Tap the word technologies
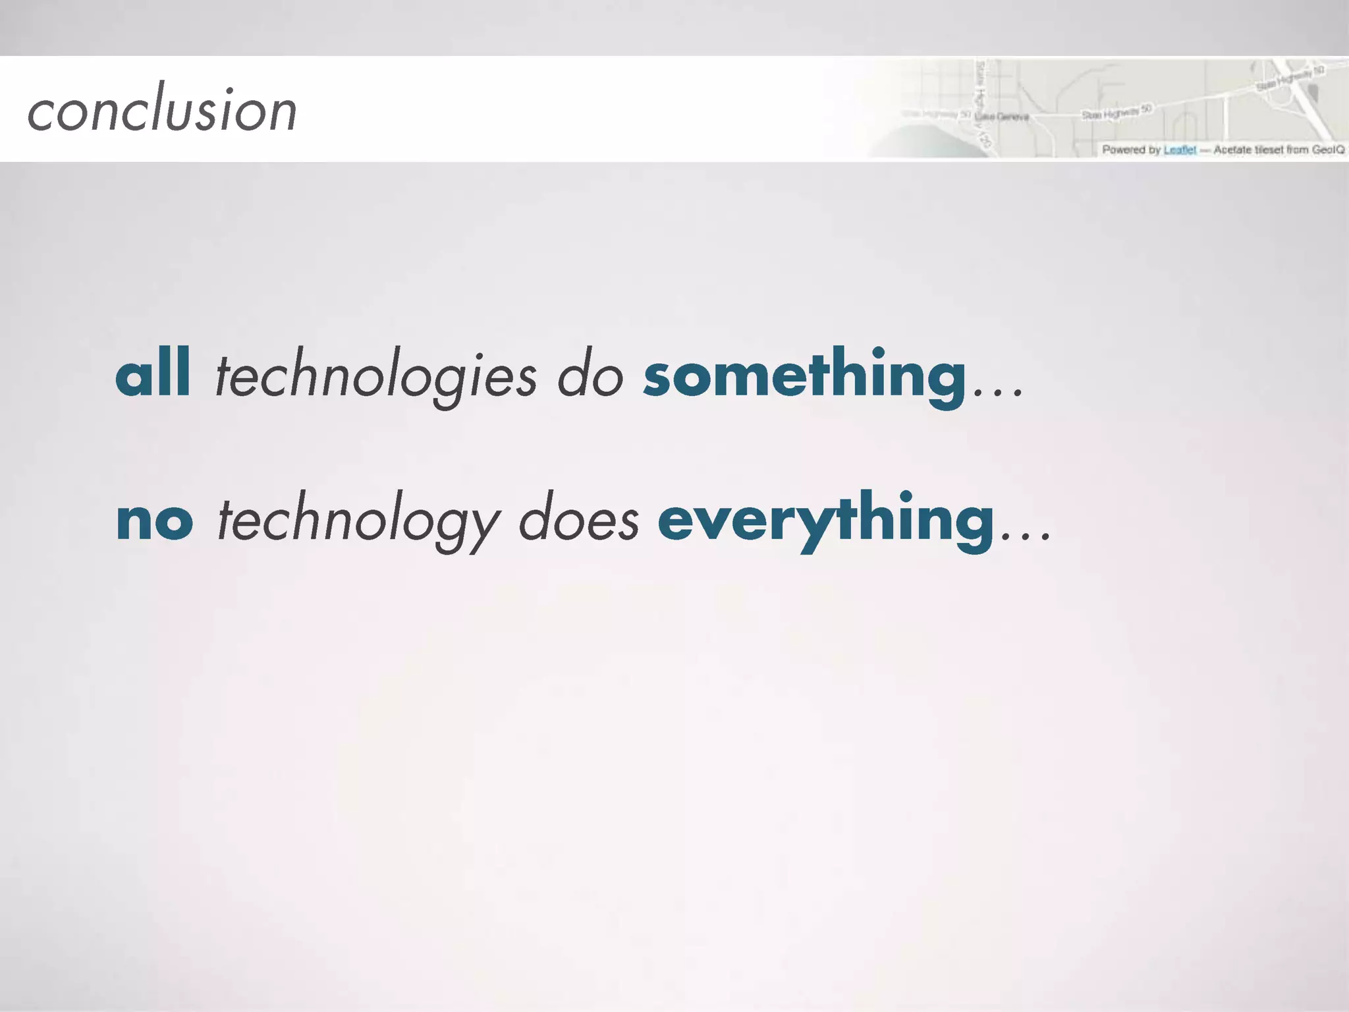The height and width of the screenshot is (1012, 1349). (x=375, y=377)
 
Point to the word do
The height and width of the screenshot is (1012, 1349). (x=590, y=377)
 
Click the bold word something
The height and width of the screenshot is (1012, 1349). (x=804, y=376)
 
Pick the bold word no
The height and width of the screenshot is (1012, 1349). (x=155, y=520)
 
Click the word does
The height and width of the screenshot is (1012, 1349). (x=579, y=520)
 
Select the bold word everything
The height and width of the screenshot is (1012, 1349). (x=826, y=520)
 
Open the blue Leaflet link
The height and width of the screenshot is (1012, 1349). (x=1179, y=150)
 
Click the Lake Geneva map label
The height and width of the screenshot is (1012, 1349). (x=1002, y=117)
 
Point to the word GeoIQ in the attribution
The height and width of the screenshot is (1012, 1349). (x=1327, y=150)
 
